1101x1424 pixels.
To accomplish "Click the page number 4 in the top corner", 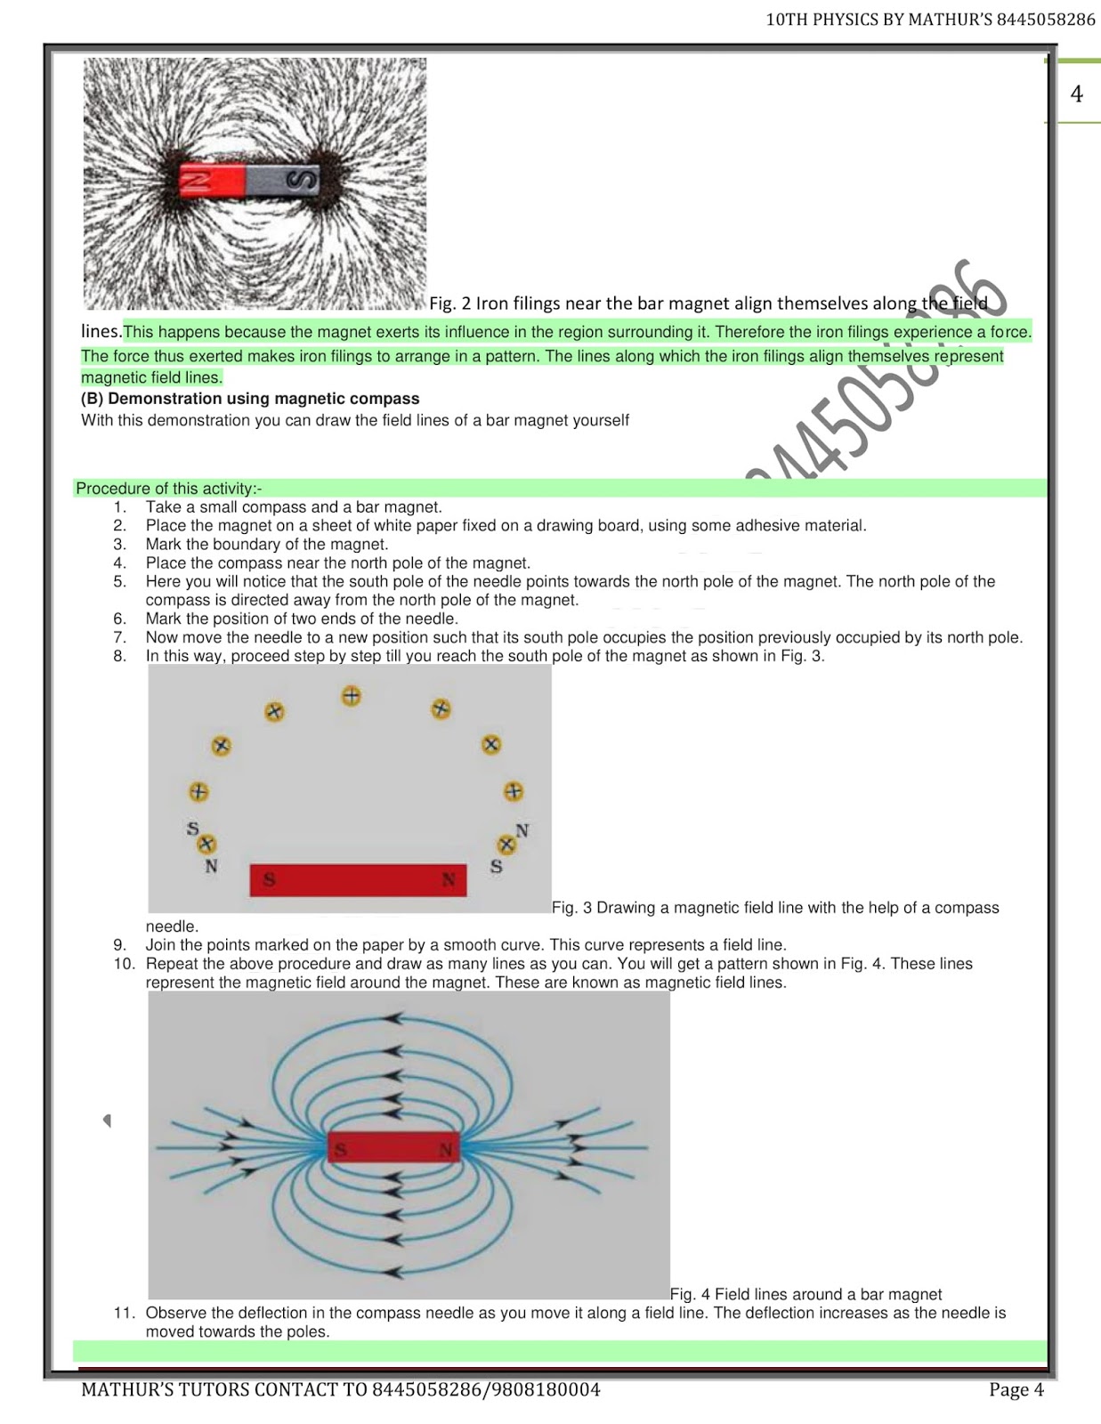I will coord(1076,94).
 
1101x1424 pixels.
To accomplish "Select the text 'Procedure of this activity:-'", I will coord(168,488).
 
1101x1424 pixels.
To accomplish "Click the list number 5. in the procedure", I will coord(119,581).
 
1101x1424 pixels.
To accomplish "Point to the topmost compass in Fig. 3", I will coord(352,696).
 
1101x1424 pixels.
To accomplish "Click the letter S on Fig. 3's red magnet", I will coord(269,881).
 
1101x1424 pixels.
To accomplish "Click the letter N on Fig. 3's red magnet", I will coord(449,880).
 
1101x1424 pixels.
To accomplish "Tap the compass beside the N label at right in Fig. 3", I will coord(506,844).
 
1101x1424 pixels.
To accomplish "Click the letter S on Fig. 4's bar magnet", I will coord(340,1151).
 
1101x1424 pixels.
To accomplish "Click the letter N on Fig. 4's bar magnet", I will coord(446,1151).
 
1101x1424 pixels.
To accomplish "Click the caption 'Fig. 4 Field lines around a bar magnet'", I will coord(806,1294).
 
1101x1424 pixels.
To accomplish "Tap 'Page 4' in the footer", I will coord(1016,1389).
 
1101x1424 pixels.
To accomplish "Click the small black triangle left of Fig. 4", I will coord(107,1121).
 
